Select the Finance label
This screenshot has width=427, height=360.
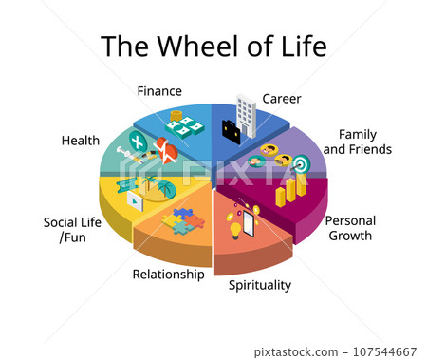pyautogui.click(x=159, y=91)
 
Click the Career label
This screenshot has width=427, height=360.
pyautogui.click(x=282, y=98)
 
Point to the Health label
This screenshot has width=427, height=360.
pyautogui.click(x=81, y=141)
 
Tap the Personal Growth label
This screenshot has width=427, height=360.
pyautogui.click(x=350, y=228)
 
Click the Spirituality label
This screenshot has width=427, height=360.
pyautogui.click(x=260, y=284)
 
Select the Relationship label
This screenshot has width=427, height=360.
pyautogui.click(x=168, y=275)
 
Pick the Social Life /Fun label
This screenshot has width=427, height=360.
pyautogui.click(x=73, y=230)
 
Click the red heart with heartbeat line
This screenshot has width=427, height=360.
pyautogui.click(x=168, y=149)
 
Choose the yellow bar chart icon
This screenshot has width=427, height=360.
pyautogui.click(x=288, y=190)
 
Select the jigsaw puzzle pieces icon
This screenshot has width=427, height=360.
pyautogui.click(x=183, y=221)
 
